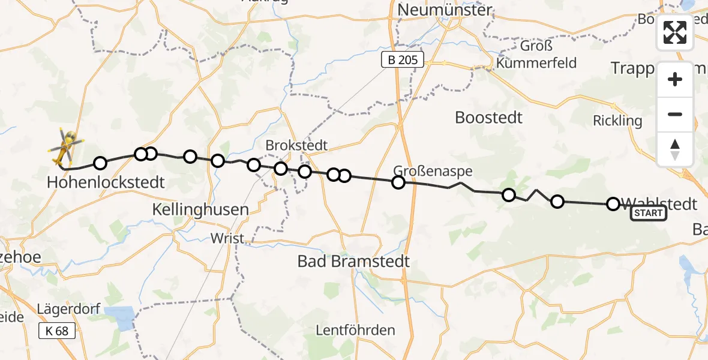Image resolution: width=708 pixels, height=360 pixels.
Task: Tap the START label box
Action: click(x=648, y=214)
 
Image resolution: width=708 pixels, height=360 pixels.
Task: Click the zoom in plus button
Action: click(x=675, y=79)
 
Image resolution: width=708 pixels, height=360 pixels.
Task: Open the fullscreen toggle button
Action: click(x=675, y=32)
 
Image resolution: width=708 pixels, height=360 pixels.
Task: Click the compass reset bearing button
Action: click(x=675, y=149)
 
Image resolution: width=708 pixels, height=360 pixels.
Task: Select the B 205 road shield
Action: click(x=403, y=59)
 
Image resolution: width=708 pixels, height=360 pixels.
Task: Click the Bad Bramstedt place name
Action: click(x=354, y=261)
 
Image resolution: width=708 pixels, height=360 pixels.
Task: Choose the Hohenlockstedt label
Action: click(x=106, y=182)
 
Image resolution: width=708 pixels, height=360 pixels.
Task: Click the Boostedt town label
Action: click(x=488, y=117)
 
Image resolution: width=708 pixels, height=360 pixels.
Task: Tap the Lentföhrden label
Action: click(x=356, y=330)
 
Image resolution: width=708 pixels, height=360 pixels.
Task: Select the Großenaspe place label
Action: click(x=433, y=171)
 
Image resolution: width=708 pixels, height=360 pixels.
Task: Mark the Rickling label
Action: click(x=617, y=121)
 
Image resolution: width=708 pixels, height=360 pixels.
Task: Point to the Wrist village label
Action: click(x=227, y=238)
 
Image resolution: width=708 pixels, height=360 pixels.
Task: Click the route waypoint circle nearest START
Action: click(x=613, y=204)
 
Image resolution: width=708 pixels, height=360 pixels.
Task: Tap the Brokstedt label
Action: click(x=296, y=145)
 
